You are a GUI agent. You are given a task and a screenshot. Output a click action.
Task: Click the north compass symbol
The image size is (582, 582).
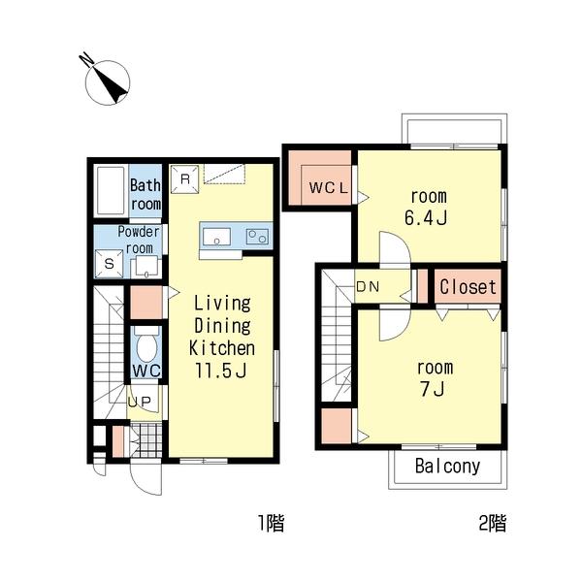pyautogui.click(x=107, y=81)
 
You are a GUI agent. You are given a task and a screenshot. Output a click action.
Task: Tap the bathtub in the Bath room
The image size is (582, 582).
pyautogui.click(x=111, y=191)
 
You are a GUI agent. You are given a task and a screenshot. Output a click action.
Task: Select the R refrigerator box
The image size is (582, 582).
pyautogui.click(x=184, y=179)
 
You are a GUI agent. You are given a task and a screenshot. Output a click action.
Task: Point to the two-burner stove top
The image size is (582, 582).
pyautogui.click(x=258, y=236)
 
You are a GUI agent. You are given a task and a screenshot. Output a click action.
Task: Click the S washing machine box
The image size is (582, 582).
pyautogui.click(x=109, y=264)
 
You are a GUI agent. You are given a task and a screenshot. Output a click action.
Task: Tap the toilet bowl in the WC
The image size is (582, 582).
pyautogui.click(x=146, y=347)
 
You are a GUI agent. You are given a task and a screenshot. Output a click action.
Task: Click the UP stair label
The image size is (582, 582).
pyautogui.click(x=140, y=402)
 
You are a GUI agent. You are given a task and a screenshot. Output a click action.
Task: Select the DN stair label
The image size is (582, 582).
pyautogui.click(x=368, y=286)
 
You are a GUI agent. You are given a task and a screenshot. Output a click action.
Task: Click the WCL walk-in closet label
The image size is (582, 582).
pyautogui.click(x=329, y=188)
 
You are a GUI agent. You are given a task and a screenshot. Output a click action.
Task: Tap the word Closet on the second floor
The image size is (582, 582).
pyautogui.click(x=468, y=287)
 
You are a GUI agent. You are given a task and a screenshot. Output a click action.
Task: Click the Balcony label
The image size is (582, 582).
pyautogui.click(x=447, y=466)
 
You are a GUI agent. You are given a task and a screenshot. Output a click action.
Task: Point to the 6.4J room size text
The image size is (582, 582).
pyautogui.click(x=426, y=218)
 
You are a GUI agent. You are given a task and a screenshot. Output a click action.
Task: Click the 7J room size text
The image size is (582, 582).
pyautogui.click(x=433, y=389)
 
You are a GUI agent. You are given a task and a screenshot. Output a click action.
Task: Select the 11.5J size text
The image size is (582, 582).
pyautogui.click(x=221, y=371)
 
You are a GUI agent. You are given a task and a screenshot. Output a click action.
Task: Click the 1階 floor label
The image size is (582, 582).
pyautogui.click(x=272, y=523)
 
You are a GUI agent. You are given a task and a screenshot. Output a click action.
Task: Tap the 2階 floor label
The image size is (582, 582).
pyautogui.click(x=493, y=523)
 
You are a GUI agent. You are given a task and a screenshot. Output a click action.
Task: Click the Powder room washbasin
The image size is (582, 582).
pyautogui.click(x=146, y=267)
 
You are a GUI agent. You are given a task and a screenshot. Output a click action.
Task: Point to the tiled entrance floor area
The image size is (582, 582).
pyautogui.click(x=146, y=440)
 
